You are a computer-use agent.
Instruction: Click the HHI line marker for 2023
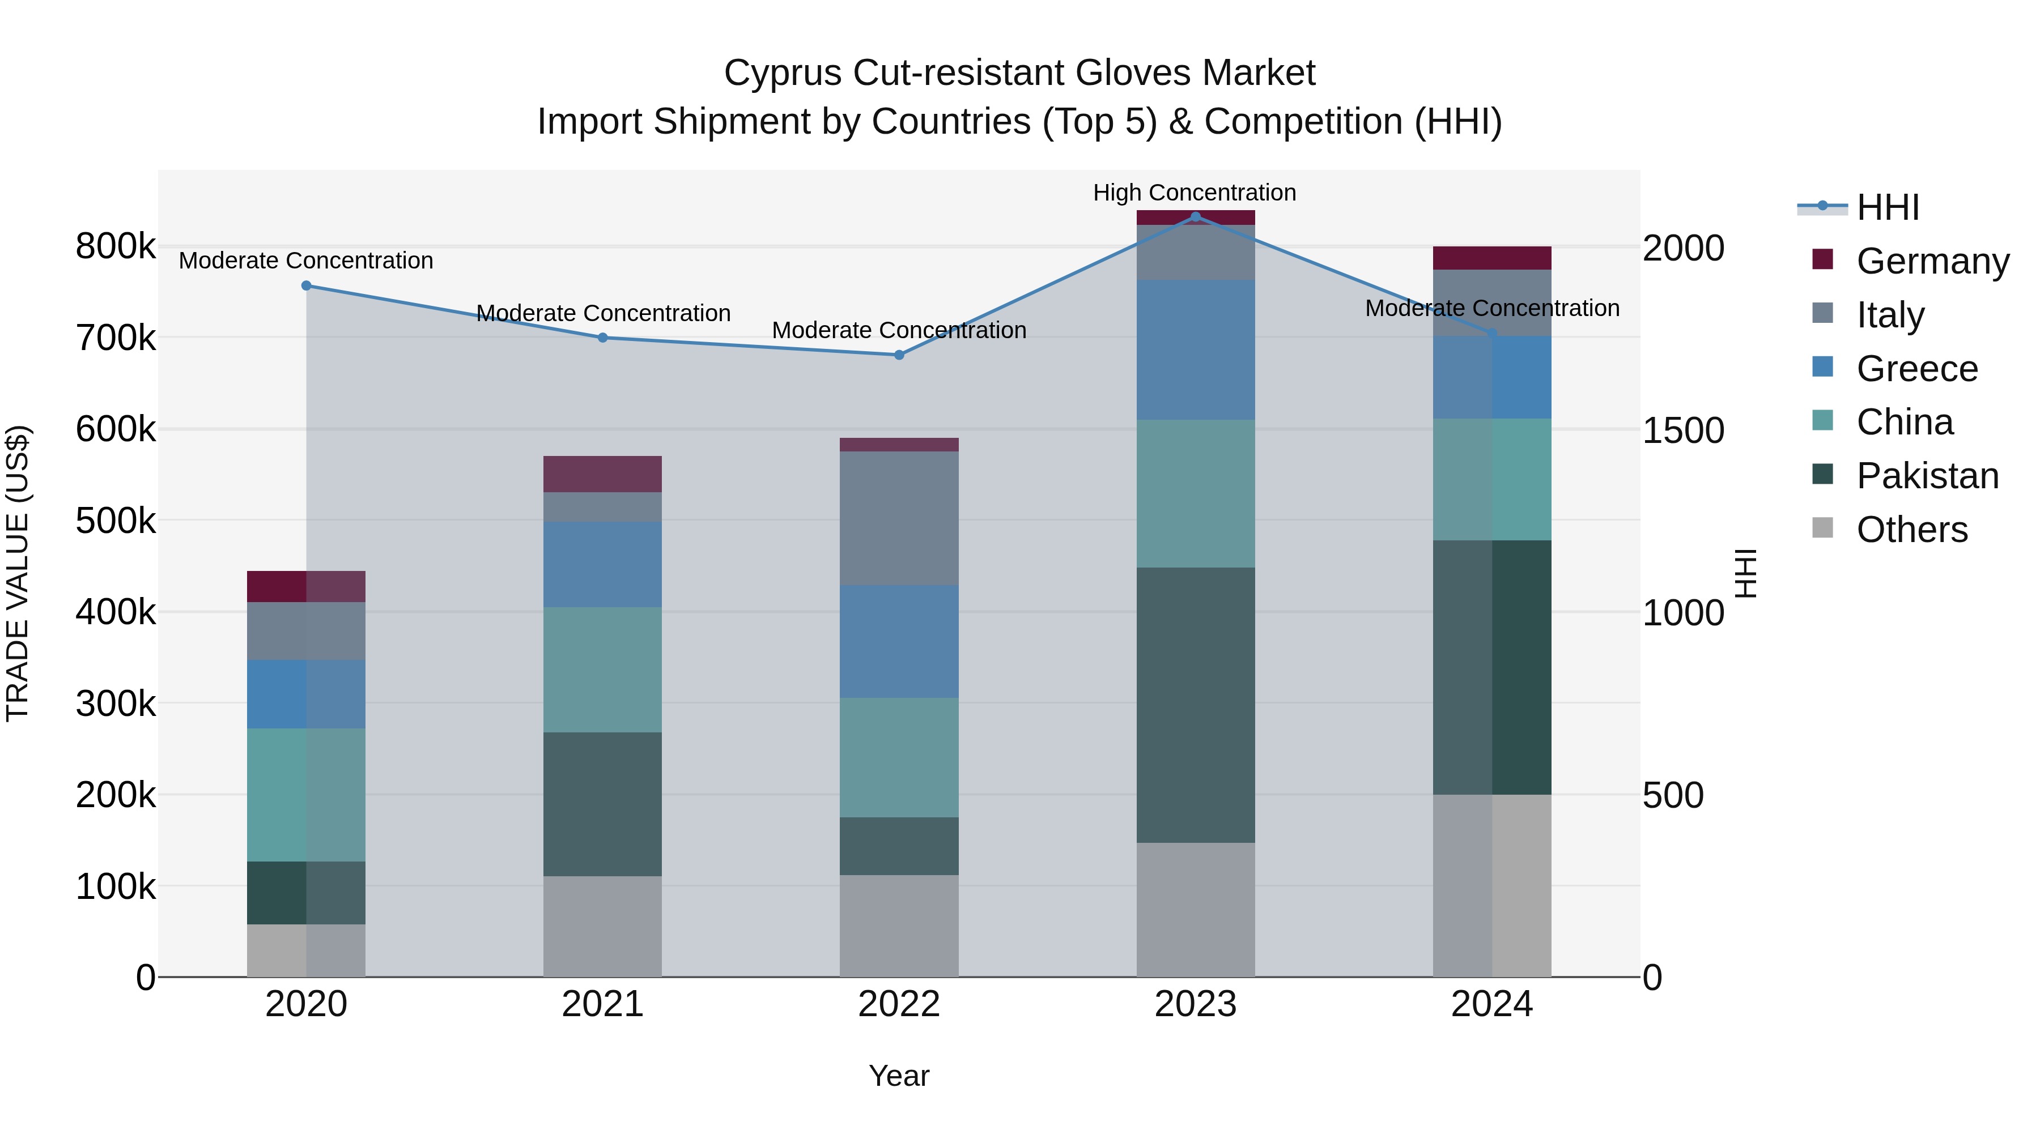click(x=1195, y=217)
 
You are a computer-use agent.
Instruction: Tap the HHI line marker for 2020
click(x=307, y=286)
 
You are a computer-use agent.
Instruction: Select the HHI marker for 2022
click(x=899, y=355)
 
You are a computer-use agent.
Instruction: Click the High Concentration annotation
click(x=1194, y=193)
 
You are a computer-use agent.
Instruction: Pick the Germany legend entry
click(x=1932, y=261)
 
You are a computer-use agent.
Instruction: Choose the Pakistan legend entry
click(x=1927, y=476)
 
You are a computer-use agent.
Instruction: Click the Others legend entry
click(x=1912, y=530)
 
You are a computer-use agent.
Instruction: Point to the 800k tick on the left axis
click(x=116, y=246)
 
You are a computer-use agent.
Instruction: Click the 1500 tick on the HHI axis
click(x=1683, y=430)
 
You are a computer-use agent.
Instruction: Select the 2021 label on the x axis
click(x=603, y=1004)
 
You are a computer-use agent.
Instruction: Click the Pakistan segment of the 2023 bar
click(x=1195, y=705)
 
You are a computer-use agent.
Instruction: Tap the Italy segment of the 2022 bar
click(x=899, y=518)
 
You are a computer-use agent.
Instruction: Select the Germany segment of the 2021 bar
click(x=603, y=474)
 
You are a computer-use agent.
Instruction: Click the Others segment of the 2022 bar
click(x=899, y=926)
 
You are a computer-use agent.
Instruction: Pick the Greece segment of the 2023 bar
click(x=1195, y=350)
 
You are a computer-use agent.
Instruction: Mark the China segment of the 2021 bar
click(x=603, y=670)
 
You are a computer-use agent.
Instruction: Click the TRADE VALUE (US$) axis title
click(x=18, y=573)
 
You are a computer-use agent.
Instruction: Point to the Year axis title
click(x=899, y=1076)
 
